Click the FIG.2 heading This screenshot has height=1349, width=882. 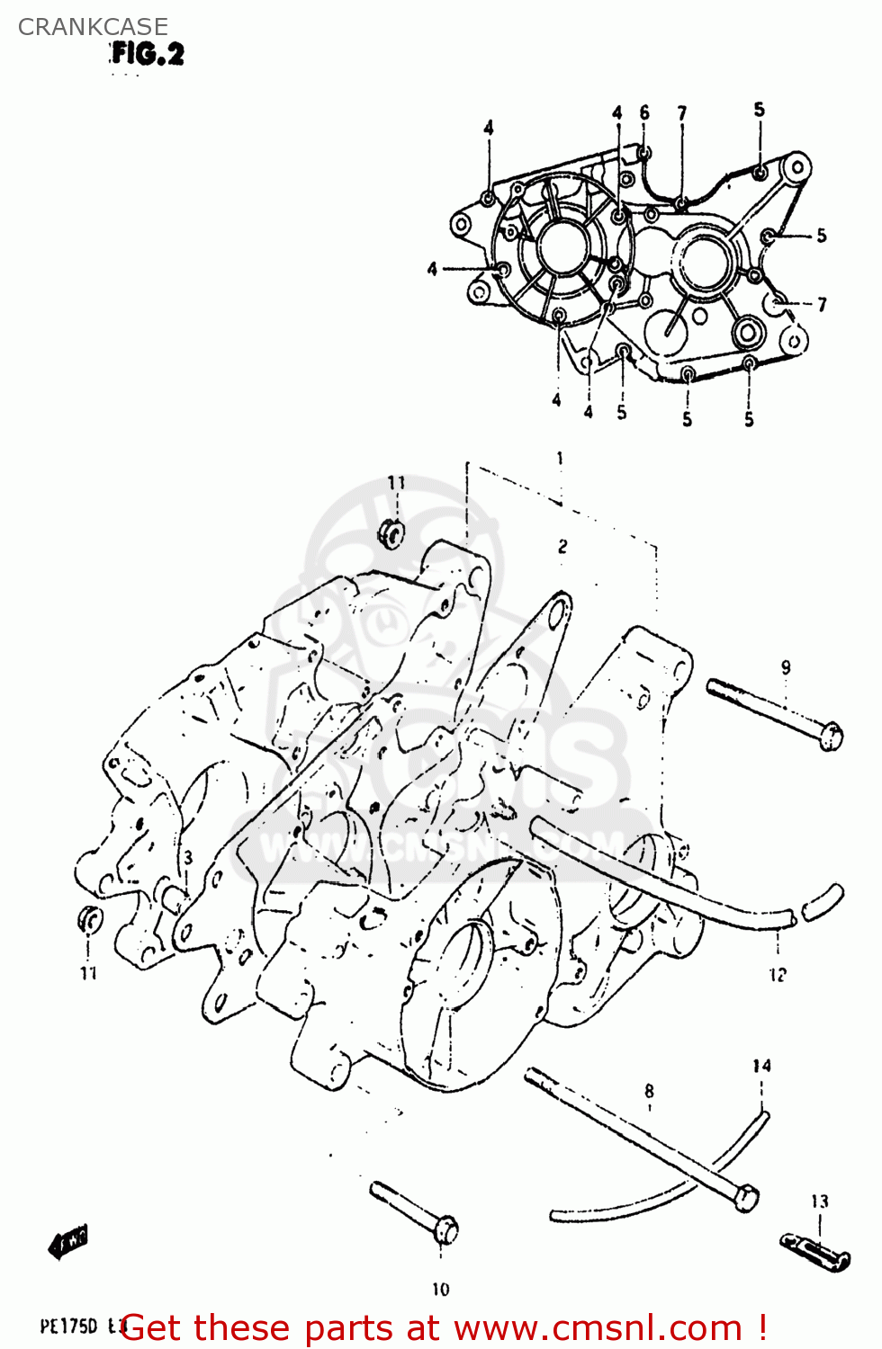click(148, 54)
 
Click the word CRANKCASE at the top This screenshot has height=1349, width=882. click(93, 27)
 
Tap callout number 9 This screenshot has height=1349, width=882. click(786, 667)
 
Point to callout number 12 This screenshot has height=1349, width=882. click(778, 974)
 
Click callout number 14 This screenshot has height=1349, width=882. click(761, 1066)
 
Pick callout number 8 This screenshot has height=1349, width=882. click(650, 1091)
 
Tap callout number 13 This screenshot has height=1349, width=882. click(819, 1202)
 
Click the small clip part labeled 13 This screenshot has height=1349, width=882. click(814, 1252)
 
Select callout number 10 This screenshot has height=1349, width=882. click(440, 1289)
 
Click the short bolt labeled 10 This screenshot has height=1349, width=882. click(415, 1211)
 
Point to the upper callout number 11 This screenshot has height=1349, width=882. click(396, 483)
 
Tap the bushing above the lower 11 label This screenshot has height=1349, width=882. click(90, 920)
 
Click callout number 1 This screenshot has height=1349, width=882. click(560, 459)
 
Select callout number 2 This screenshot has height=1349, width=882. click(562, 546)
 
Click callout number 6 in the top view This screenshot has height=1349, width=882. click(644, 112)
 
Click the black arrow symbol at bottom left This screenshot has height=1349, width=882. click(68, 1243)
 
